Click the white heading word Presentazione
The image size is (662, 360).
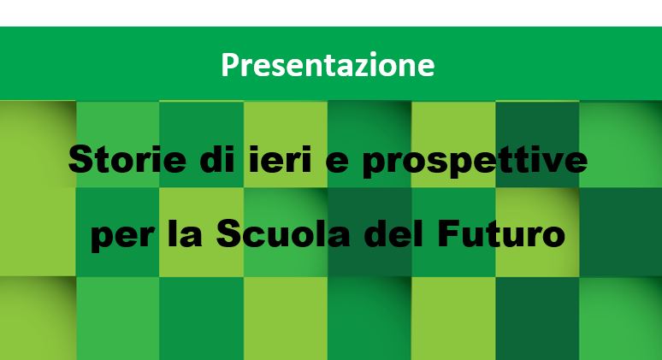point(328,65)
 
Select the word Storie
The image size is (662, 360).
point(127,159)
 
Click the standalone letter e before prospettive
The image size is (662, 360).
point(338,162)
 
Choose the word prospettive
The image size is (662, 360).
point(475,161)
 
